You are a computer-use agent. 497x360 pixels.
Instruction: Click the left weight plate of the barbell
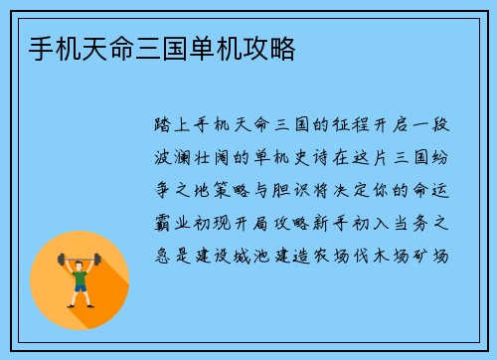[x=63, y=259]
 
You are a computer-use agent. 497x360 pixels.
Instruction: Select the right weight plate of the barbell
[x=97, y=259]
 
